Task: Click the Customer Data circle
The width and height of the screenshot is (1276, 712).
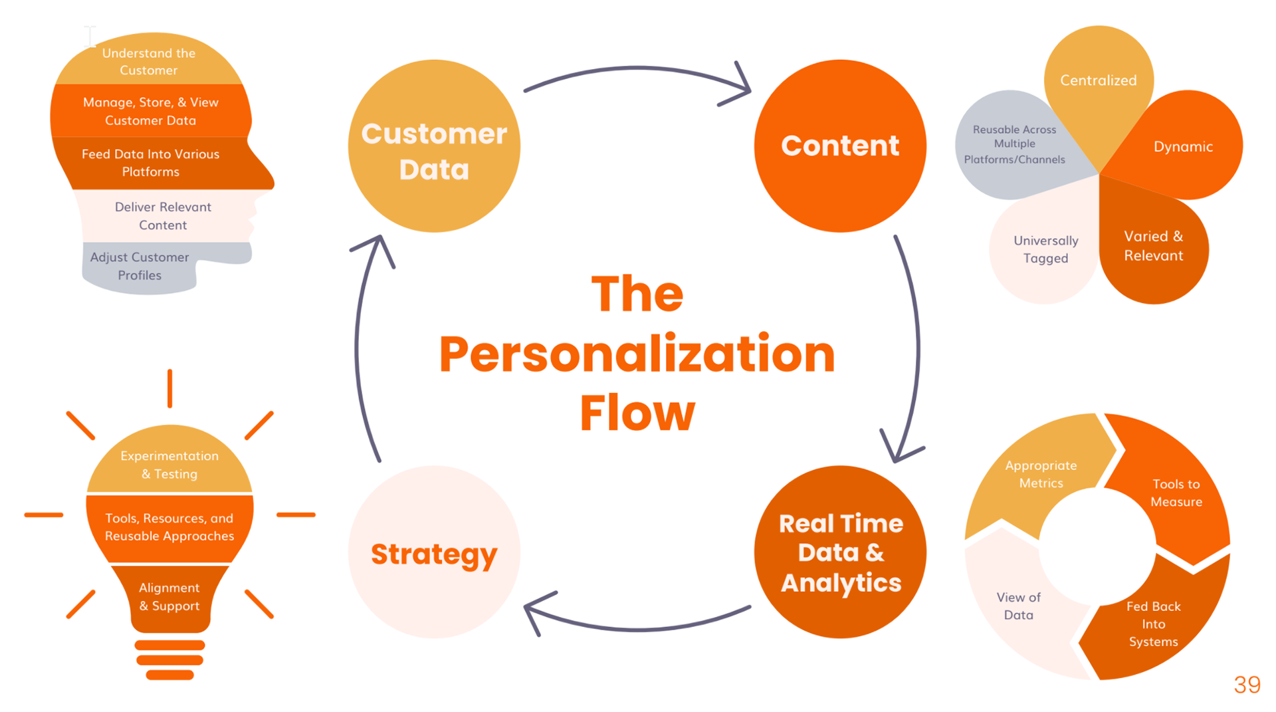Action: (x=434, y=146)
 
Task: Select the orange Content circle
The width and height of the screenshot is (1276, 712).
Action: (x=840, y=146)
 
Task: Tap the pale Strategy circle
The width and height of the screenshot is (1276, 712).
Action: (x=434, y=552)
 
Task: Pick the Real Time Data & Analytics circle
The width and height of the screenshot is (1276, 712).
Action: (x=840, y=552)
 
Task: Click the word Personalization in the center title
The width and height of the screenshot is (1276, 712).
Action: (x=637, y=354)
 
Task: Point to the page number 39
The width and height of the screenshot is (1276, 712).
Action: (x=1247, y=685)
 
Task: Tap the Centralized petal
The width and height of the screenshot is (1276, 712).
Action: (x=1099, y=80)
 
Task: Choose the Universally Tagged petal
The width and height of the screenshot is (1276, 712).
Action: (x=1045, y=249)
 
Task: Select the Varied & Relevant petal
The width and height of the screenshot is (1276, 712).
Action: (x=1153, y=246)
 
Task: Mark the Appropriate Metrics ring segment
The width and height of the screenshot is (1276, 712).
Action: (x=1041, y=474)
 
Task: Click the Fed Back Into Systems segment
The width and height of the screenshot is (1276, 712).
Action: (x=1154, y=624)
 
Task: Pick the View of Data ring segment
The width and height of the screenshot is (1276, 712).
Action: (x=1018, y=606)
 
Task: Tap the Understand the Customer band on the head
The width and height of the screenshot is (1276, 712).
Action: (x=149, y=62)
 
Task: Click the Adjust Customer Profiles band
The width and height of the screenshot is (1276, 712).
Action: (x=140, y=266)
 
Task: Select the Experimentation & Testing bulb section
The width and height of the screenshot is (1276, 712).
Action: (x=169, y=465)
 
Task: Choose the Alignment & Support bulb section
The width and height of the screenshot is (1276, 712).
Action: (x=169, y=596)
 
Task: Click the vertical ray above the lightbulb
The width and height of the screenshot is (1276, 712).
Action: (x=170, y=388)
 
